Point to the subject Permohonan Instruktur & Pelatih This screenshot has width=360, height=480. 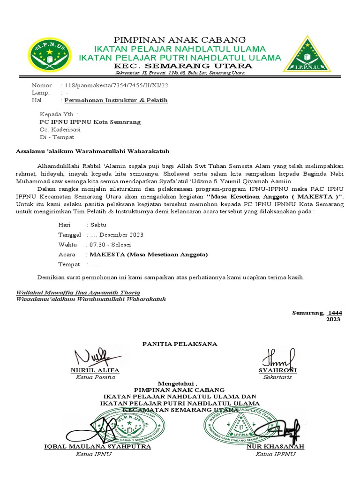click(116, 100)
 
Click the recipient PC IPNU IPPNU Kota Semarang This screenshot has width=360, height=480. click(90, 122)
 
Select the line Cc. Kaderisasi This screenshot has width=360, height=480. click(60, 129)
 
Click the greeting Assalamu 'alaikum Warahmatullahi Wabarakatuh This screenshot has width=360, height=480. click(92, 151)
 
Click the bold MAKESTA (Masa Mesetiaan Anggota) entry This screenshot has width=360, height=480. click(148, 255)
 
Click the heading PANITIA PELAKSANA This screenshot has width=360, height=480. click(180, 344)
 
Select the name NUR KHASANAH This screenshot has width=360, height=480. click(276, 446)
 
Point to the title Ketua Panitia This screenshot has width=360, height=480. click(95, 377)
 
